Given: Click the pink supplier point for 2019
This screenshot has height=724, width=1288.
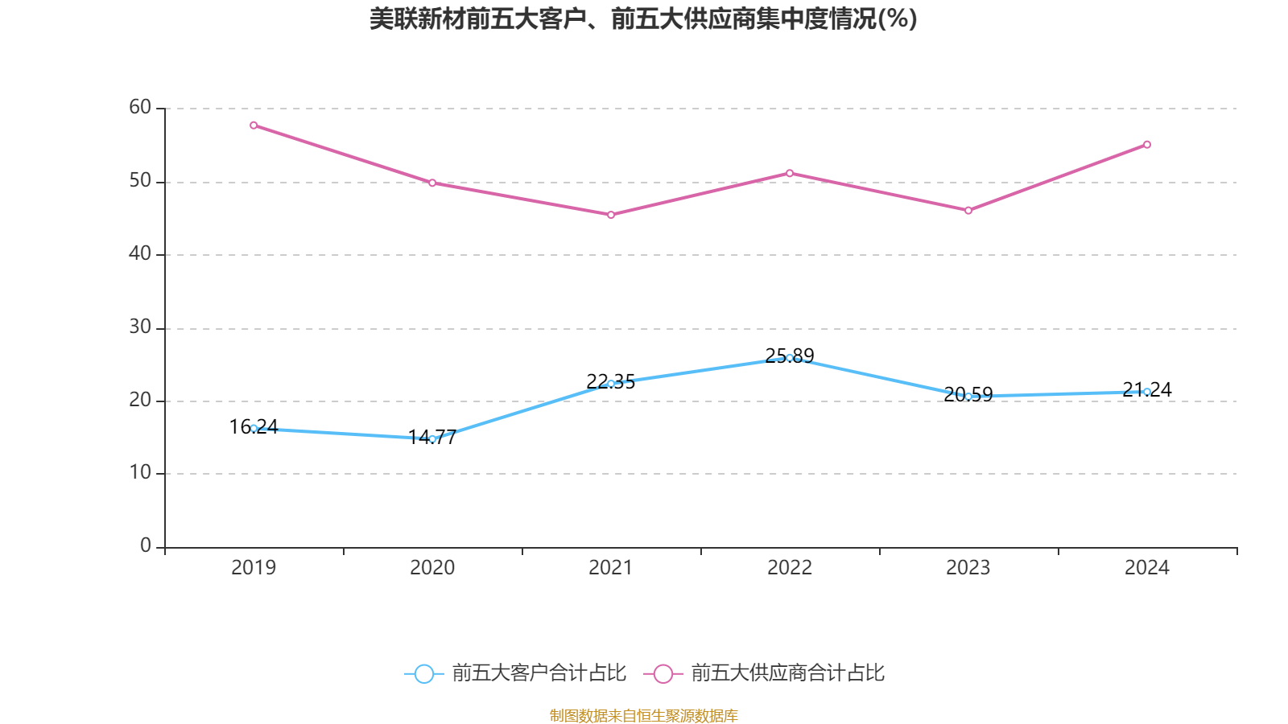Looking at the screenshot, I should [254, 125].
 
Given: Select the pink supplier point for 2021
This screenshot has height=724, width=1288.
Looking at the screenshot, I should [611, 215].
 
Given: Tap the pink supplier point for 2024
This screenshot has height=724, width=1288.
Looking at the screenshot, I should [1147, 145].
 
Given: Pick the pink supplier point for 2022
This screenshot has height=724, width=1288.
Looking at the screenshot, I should [790, 173].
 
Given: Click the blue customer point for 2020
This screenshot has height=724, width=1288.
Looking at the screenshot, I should [432, 439].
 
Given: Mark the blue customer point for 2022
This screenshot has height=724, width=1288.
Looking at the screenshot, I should [790, 358].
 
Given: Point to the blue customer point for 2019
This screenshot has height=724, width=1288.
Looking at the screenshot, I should [254, 428].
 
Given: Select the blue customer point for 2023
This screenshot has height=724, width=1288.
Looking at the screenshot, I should [968, 397].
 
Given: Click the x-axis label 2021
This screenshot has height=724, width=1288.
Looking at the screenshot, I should [611, 568].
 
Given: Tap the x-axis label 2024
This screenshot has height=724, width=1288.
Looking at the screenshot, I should [1147, 568].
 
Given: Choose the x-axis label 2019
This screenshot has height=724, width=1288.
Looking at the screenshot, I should [254, 568].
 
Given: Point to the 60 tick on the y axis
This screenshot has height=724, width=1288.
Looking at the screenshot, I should [140, 108].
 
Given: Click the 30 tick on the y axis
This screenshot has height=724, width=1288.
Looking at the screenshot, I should [140, 327].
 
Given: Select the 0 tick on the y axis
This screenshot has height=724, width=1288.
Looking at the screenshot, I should [146, 546].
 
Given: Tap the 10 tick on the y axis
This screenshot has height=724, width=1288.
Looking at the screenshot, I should [140, 473].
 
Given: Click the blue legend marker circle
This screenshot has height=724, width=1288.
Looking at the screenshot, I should [423, 673].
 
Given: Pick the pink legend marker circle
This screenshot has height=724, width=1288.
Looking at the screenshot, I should [663, 673].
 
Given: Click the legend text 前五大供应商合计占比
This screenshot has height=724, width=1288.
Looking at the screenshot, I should [787, 673].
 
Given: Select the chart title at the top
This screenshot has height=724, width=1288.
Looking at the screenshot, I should [643, 19].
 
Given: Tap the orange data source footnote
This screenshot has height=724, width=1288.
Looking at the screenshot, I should [643, 715].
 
